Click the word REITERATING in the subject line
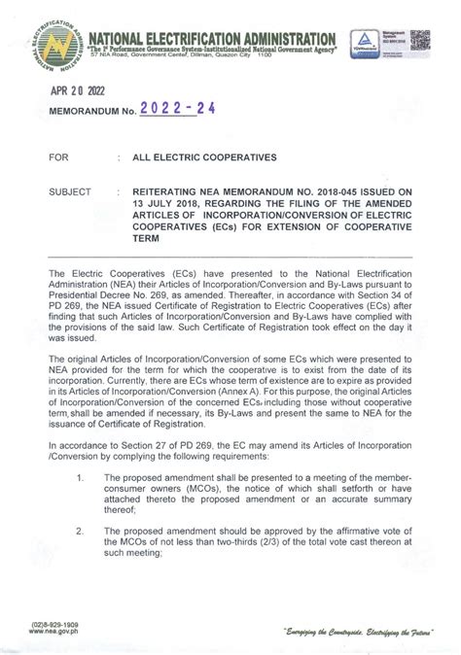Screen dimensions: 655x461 [173, 192]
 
